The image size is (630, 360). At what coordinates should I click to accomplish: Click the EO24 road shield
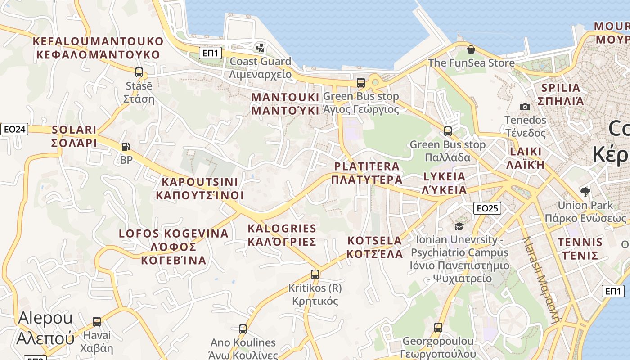tap(14, 130)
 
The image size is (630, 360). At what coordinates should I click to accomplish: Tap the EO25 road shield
tap(487, 208)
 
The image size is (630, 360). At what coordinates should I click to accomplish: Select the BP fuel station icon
tap(126, 146)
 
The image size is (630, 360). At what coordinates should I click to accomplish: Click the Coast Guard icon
tap(260, 47)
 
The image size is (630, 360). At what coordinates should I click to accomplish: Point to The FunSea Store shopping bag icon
tap(471, 49)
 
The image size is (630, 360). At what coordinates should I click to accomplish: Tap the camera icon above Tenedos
tap(525, 107)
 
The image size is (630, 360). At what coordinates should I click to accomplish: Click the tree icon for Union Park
tap(585, 192)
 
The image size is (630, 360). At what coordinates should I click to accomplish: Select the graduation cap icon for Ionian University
tap(459, 226)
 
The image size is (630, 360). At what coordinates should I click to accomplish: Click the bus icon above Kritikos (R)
tap(315, 274)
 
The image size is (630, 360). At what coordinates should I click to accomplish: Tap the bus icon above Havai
tap(97, 322)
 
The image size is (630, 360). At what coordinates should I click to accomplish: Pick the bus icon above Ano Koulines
tap(243, 329)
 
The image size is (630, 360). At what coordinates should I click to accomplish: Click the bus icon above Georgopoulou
tap(438, 327)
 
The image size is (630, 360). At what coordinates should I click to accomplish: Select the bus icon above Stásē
tap(139, 72)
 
